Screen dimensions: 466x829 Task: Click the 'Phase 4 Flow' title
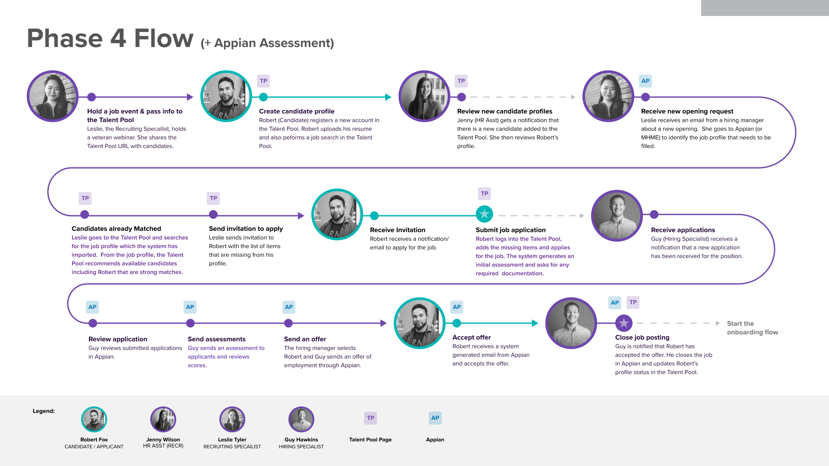(x=110, y=38)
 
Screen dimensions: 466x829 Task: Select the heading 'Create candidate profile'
(x=297, y=111)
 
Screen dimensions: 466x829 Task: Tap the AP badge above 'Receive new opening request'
(x=645, y=81)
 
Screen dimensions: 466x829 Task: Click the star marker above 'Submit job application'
(x=484, y=214)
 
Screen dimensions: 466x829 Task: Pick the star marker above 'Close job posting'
(x=623, y=323)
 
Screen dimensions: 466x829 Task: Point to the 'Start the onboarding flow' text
(x=752, y=328)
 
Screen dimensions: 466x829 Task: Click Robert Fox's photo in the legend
(x=94, y=419)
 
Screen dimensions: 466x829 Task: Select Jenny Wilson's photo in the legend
(x=163, y=419)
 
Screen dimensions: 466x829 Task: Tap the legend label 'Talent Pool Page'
(x=370, y=440)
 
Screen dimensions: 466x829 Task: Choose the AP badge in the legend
(x=435, y=418)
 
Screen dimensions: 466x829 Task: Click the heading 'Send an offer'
(x=305, y=339)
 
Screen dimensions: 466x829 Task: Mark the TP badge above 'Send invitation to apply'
(x=213, y=198)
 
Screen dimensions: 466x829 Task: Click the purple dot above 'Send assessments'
(x=190, y=323)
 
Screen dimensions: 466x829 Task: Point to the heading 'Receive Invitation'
(x=398, y=230)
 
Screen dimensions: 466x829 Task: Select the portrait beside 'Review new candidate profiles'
(x=424, y=96)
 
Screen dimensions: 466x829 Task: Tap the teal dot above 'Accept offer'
(x=457, y=323)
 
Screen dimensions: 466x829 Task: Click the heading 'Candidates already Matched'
(x=116, y=229)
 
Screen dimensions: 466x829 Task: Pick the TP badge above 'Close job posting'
(x=633, y=302)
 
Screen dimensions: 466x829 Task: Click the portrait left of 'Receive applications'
(x=617, y=215)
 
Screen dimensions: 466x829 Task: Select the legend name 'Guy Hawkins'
(x=301, y=440)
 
